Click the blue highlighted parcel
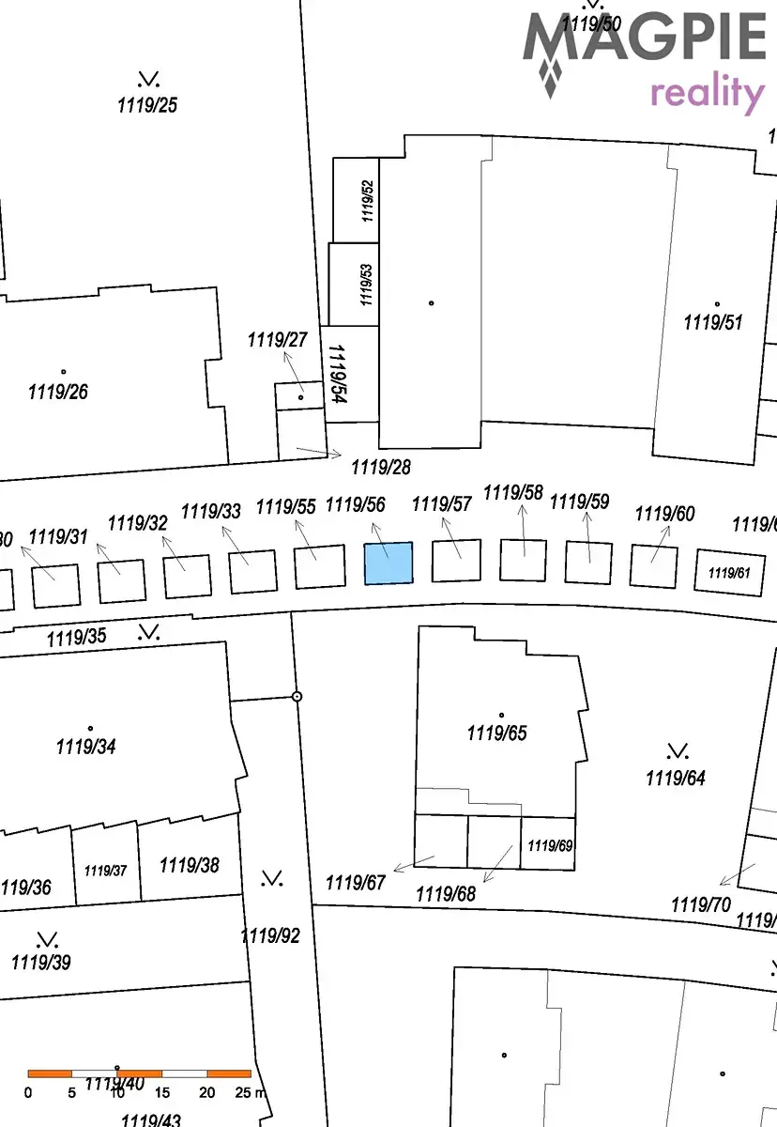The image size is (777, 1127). pos(388,563)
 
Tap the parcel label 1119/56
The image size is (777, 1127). pos(356,505)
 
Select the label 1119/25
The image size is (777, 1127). pos(147,105)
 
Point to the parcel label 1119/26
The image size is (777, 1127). pos(58,392)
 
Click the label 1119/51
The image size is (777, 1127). pos(713,323)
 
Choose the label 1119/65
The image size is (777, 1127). pos(496,733)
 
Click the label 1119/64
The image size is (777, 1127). pos(675,778)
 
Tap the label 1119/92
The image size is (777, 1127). pos(270,935)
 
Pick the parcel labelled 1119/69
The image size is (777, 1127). pos(549,845)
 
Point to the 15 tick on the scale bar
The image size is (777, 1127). pos(162,1092)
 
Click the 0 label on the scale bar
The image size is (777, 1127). pos(28,1092)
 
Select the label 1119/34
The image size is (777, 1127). pos(86,748)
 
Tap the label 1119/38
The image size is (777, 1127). pos(190,865)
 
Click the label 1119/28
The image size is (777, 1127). pos(381,466)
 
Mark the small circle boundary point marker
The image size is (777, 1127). pos(297,697)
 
